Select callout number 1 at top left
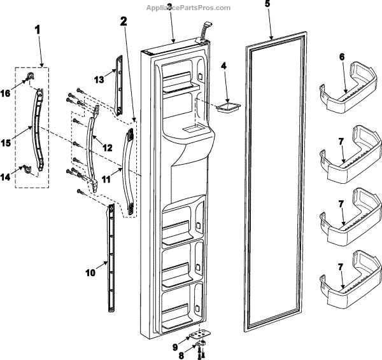click(38, 30)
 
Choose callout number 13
click(98, 80)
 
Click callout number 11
click(106, 181)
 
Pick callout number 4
click(223, 65)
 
